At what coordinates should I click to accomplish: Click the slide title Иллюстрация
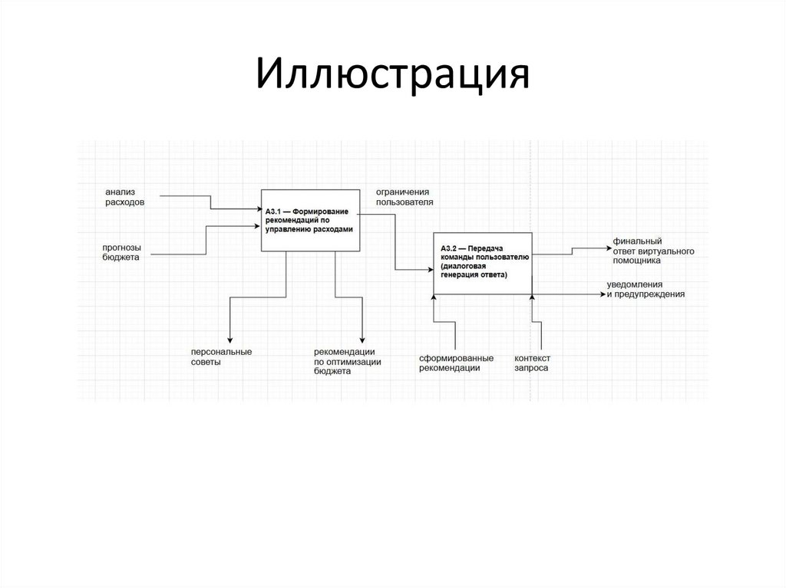click(x=392, y=77)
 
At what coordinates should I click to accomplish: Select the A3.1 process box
click(x=310, y=220)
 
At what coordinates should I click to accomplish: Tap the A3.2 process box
click(x=481, y=263)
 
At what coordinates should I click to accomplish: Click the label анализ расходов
click(x=125, y=196)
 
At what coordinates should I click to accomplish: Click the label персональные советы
click(x=222, y=356)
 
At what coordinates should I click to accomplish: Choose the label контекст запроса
click(x=533, y=363)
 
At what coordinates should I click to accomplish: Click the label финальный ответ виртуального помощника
click(x=653, y=251)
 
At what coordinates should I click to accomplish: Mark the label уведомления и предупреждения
click(x=646, y=289)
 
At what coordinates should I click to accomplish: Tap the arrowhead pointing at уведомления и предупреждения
click(x=604, y=293)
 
